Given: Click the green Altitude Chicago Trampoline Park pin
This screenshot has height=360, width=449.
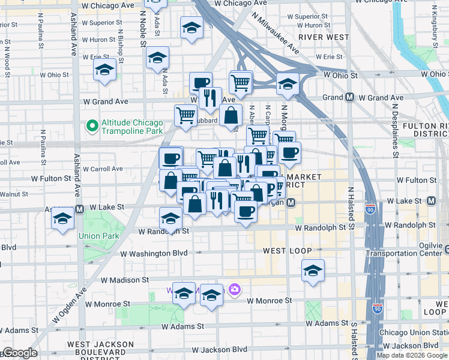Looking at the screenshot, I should pyautogui.click(x=92, y=126).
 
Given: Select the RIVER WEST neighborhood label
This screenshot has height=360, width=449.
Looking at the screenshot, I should pyautogui.click(x=319, y=37).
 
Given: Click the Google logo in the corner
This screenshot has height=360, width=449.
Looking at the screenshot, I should pyautogui.click(x=19, y=353).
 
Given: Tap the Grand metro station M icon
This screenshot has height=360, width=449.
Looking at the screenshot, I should pyautogui.click(x=349, y=97).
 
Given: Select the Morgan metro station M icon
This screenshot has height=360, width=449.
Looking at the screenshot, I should pyautogui.click(x=291, y=203).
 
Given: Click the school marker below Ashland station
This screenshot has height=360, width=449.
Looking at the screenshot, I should pyautogui.click(x=62, y=219).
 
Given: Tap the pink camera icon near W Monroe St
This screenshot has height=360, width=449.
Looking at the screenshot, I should pyautogui.click(x=234, y=290).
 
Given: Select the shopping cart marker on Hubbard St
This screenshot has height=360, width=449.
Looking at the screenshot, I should pyautogui.click(x=186, y=115).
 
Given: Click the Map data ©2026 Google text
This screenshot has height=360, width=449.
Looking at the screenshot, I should pyautogui.click(x=411, y=355).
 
